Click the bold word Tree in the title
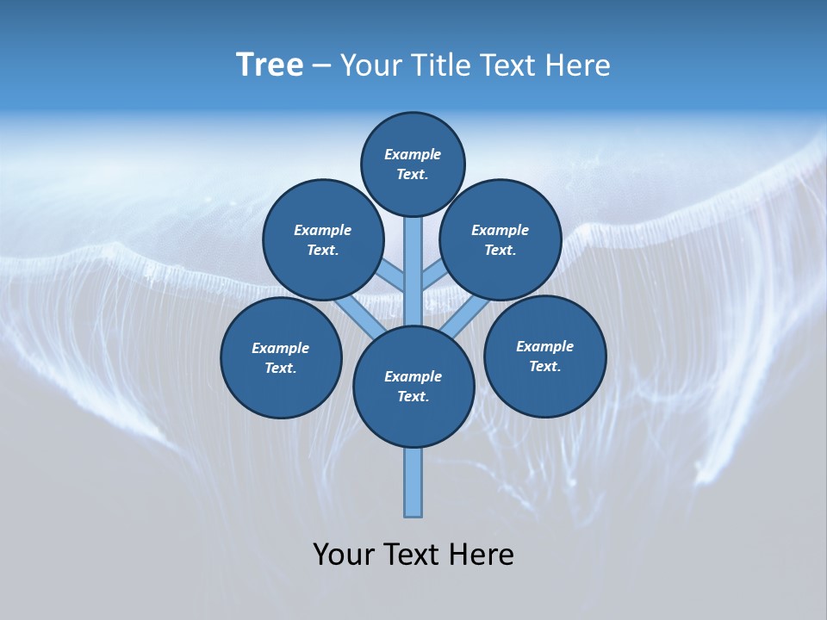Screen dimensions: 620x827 tap(270, 65)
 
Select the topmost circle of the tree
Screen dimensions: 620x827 tap(413, 164)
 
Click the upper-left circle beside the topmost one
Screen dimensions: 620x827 tap(323, 239)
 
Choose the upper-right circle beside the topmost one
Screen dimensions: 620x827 tap(501, 239)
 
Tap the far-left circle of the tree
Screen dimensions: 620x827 tap(281, 357)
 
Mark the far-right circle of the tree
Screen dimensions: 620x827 tap(545, 356)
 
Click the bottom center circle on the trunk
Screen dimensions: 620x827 tap(413, 387)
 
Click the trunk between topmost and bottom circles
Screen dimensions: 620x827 tap(413, 276)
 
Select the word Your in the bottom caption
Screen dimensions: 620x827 tap(344, 555)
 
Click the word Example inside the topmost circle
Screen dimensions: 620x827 tap(413, 154)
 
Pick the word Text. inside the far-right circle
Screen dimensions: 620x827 tap(545, 366)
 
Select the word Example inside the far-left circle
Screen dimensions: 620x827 tap(281, 348)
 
